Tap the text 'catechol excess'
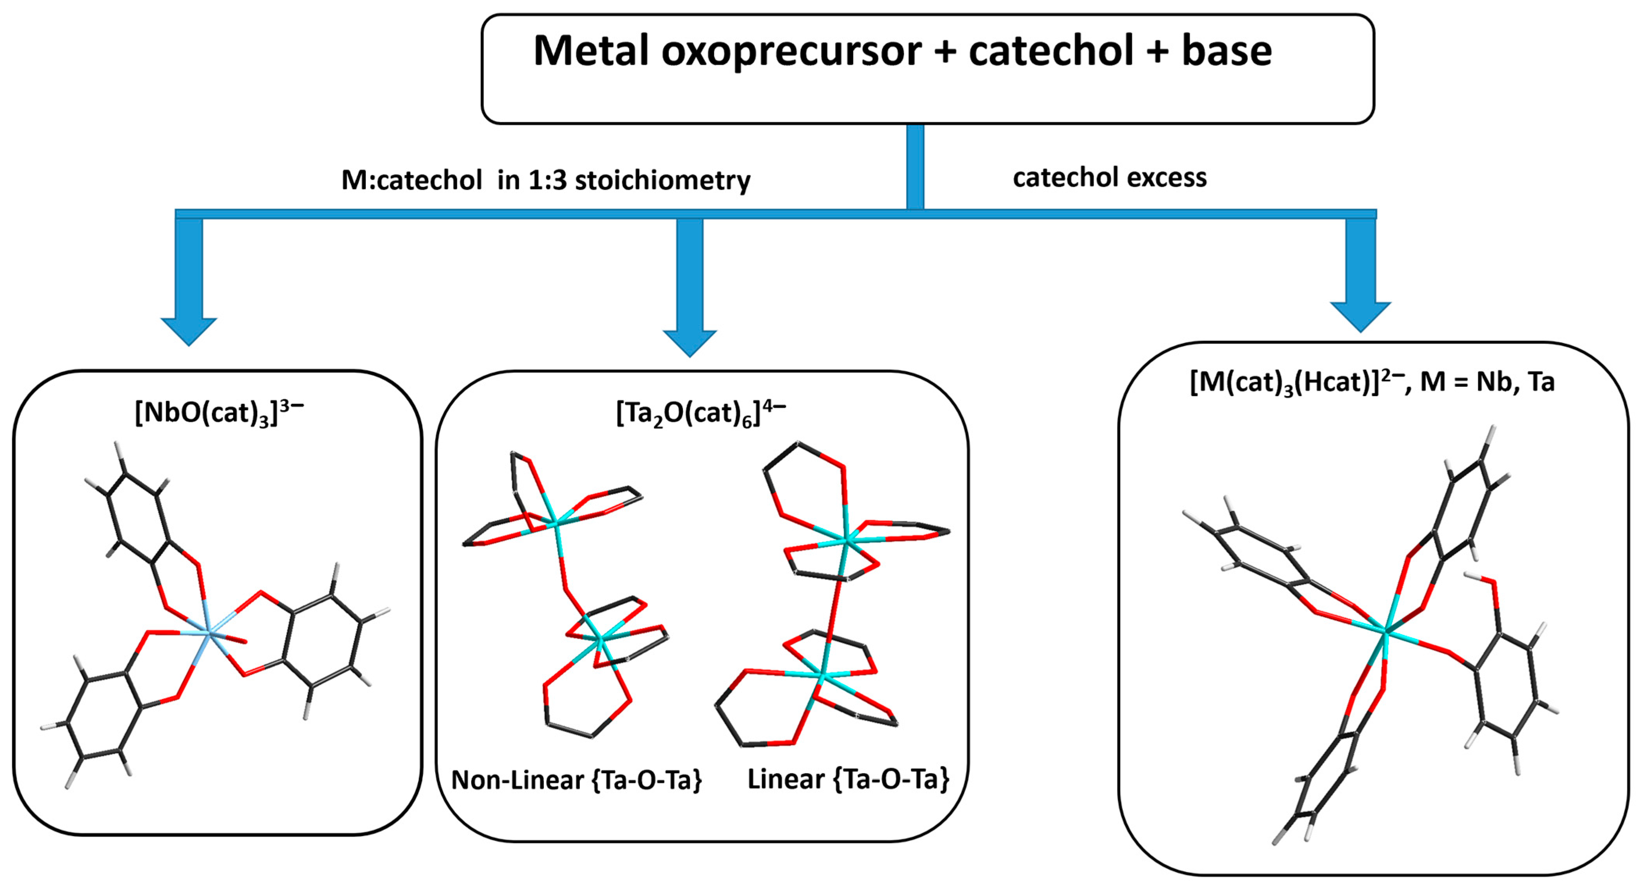(1109, 178)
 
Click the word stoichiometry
(663, 181)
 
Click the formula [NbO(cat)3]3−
(219, 413)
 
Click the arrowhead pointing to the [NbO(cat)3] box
(189, 331)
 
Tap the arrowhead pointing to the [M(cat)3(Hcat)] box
(1360, 317)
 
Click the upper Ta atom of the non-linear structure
(556, 523)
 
